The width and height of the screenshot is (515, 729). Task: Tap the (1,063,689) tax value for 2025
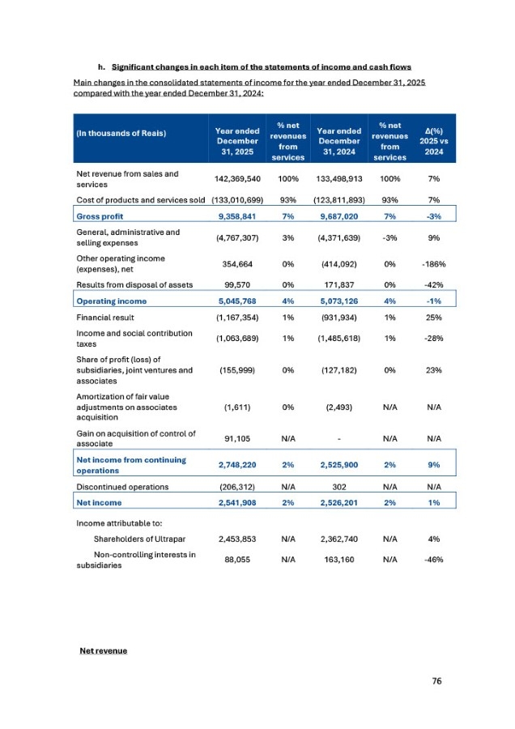(x=234, y=339)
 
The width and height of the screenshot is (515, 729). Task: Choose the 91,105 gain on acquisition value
(x=234, y=439)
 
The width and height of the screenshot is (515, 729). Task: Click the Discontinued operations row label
(x=121, y=487)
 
